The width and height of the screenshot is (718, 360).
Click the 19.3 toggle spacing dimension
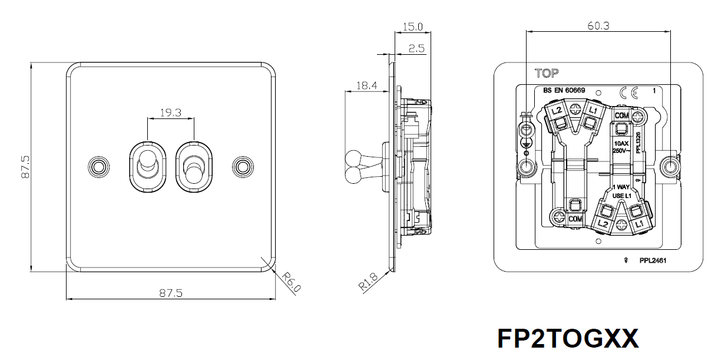click(171, 113)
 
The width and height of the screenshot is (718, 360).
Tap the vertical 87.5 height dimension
click(25, 167)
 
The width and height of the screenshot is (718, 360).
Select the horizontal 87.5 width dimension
click(171, 293)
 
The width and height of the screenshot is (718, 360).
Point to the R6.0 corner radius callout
click(292, 282)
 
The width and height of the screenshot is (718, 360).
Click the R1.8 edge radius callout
click(368, 282)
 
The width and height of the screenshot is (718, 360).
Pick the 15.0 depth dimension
click(412, 27)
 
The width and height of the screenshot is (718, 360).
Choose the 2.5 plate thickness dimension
click(416, 48)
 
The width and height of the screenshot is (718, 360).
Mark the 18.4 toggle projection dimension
click(367, 85)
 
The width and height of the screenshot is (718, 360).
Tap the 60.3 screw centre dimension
click(598, 26)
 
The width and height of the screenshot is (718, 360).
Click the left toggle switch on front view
click(148, 167)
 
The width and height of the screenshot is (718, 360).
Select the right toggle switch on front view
click(194, 167)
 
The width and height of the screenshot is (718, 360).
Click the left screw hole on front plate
click(99, 167)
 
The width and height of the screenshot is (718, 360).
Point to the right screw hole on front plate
click(243, 167)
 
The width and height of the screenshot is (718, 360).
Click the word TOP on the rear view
click(547, 74)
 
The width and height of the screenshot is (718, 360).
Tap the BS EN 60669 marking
click(564, 90)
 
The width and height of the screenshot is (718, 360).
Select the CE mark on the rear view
click(629, 93)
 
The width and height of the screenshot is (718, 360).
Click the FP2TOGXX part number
click(568, 339)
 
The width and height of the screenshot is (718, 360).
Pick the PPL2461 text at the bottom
click(653, 260)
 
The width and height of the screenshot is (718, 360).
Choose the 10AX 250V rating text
click(621, 147)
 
